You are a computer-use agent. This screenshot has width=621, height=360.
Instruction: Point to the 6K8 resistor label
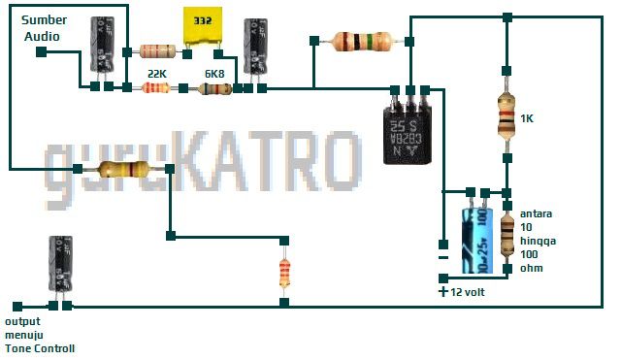(x=214, y=73)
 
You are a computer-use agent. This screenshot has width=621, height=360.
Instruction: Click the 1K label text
(x=528, y=118)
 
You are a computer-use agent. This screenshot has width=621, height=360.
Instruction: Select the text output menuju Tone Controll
(x=40, y=335)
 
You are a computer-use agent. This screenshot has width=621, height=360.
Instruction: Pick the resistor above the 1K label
(x=506, y=115)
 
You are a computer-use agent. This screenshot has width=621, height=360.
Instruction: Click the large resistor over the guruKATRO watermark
(x=124, y=170)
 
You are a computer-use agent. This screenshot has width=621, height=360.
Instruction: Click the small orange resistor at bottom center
(x=284, y=271)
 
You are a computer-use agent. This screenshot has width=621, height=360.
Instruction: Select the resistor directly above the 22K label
(x=158, y=50)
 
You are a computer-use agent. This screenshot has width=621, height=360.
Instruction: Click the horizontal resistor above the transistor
(x=361, y=42)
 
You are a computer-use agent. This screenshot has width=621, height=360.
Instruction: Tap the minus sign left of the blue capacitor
(x=443, y=257)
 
